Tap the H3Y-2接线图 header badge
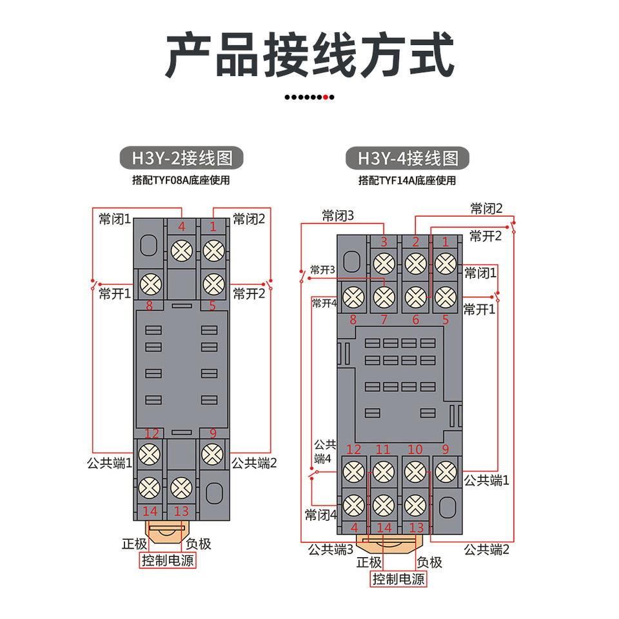tap(182, 158)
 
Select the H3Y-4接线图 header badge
tap(408, 159)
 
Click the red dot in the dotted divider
tap(325, 97)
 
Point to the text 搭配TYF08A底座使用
tap(181, 181)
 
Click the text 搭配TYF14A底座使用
tap(407, 181)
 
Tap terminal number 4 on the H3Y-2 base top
tap(182, 226)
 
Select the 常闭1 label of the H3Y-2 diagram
tap(115, 219)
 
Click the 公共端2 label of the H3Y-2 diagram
tap(254, 463)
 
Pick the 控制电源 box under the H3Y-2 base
tap(168, 560)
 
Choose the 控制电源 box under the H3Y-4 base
tap(398, 579)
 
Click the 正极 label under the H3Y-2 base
tap(134, 544)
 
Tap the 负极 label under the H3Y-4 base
tap(429, 562)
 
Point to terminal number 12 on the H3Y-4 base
tap(354, 449)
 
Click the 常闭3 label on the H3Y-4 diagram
tap(338, 216)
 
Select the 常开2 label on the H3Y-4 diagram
tap(486, 236)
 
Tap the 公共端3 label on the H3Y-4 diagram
tap(331, 549)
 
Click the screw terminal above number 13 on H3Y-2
tap(182, 487)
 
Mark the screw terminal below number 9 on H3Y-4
tap(446, 472)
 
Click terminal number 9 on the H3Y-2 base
tap(213, 434)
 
